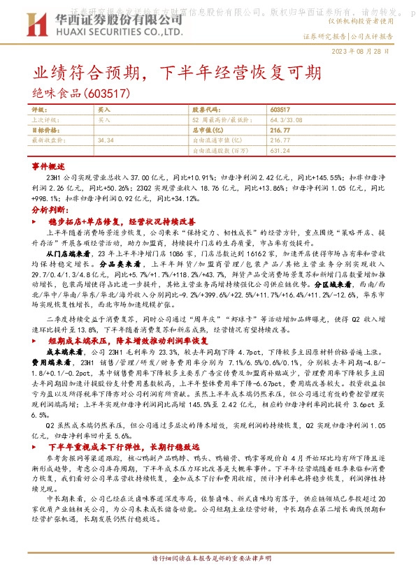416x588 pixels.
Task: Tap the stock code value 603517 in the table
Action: click(279, 110)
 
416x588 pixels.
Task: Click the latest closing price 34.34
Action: click(106, 140)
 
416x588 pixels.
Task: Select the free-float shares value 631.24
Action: click(279, 149)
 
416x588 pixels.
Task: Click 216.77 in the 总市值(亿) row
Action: click(279, 130)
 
